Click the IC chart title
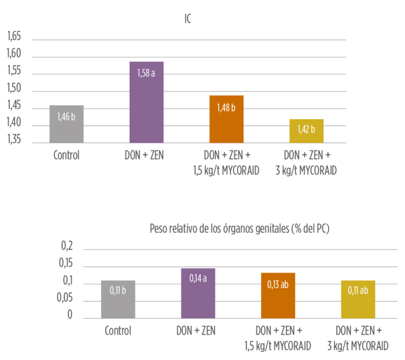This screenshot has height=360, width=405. click(x=187, y=19)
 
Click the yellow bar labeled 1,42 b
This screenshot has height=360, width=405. click(x=307, y=131)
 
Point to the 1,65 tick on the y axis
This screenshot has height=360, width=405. click(x=14, y=36)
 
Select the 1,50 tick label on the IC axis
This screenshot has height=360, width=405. click(x=14, y=89)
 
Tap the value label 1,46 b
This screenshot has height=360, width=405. click(x=67, y=116)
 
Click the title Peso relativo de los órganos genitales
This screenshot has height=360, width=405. click(x=239, y=229)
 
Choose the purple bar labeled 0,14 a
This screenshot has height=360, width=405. click(x=198, y=293)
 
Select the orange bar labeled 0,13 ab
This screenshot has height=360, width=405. click(x=278, y=295)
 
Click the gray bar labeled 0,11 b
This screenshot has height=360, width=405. click(x=118, y=299)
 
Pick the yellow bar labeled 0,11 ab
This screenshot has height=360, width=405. click(x=358, y=299)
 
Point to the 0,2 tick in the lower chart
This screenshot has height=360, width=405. click(x=67, y=247)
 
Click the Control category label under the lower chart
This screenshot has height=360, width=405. click(x=118, y=332)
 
